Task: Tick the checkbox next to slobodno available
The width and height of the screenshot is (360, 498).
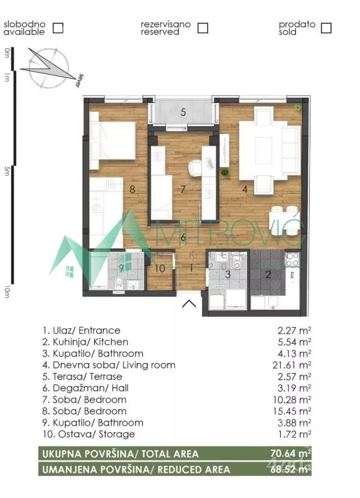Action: [x=58, y=28]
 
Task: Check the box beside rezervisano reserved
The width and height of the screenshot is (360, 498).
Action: [x=203, y=28]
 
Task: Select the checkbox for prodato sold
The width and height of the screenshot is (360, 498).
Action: [x=326, y=28]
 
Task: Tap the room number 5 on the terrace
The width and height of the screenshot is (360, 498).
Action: [x=183, y=112]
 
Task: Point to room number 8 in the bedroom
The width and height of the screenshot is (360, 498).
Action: [x=133, y=190]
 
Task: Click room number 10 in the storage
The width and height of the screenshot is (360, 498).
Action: [x=160, y=268]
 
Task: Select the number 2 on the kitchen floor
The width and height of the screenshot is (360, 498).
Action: [x=268, y=274]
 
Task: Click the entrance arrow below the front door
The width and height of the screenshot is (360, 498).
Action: [x=189, y=303]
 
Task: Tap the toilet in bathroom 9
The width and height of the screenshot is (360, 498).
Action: [x=119, y=283]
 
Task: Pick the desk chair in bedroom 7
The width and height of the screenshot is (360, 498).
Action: [x=196, y=168]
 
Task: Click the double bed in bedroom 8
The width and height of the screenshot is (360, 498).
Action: [x=113, y=141]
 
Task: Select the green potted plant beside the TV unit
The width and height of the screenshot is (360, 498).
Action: [x=225, y=173]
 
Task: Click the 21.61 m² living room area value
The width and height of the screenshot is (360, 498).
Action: [x=292, y=365]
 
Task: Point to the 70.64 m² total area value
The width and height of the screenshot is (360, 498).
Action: [x=291, y=453]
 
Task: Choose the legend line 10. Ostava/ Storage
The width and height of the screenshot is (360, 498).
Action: [x=89, y=434]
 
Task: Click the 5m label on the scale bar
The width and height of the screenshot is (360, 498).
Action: [x=7, y=172]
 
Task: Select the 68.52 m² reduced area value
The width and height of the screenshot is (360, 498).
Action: [x=291, y=469]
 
